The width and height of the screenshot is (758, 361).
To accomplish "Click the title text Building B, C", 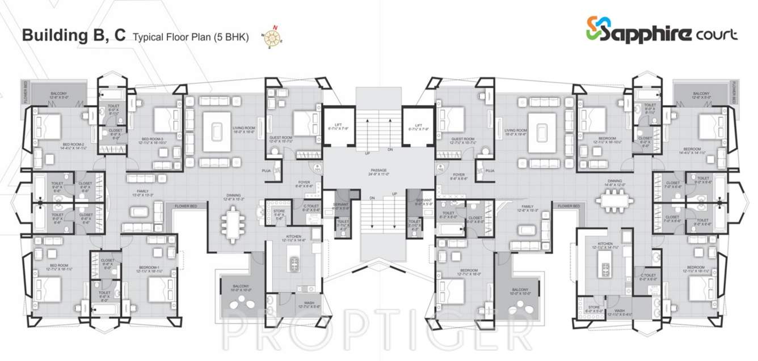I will coord(73,36).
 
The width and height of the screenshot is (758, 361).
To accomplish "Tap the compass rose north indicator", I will coord(273,36).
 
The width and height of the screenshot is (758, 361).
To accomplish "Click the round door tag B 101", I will coord(317,167).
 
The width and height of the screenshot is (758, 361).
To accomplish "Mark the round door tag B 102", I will coord(440,167).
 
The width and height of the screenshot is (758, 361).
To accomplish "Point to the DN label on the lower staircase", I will coord(371,198).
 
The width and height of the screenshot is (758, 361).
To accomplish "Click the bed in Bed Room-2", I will coord(45,128).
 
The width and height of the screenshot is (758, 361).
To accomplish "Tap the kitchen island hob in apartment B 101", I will coord(294,263).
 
